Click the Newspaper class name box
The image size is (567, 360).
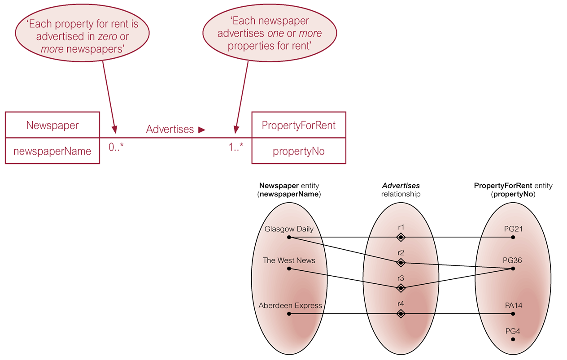[x=52, y=125]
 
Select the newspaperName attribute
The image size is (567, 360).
[x=52, y=151]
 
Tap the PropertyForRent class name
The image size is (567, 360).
[x=299, y=125]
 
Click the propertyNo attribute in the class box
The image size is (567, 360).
[x=299, y=151]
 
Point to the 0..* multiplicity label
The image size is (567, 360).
[x=116, y=147]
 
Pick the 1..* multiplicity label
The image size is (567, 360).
[x=236, y=147]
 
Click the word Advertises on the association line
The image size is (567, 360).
[x=170, y=129]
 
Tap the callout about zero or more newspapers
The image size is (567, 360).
[x=82, y=36]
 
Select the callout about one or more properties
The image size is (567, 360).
[x=270, y=33]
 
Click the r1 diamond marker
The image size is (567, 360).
[x=401, y=237]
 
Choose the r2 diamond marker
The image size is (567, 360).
[x=401, y=262]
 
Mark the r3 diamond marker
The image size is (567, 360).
[x=401, y=287]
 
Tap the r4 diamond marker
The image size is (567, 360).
[x=401, y=314]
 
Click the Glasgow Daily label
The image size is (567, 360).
[x=289, y=229]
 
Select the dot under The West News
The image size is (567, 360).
[x=289, y=269]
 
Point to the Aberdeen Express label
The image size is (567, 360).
[x=290, y=306]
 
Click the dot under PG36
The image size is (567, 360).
[x=513, y=269]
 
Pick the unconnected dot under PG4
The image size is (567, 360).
[x=513, y=339]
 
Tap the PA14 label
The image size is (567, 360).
[x=513, y=306]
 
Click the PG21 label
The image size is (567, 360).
[x=513, y=229]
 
